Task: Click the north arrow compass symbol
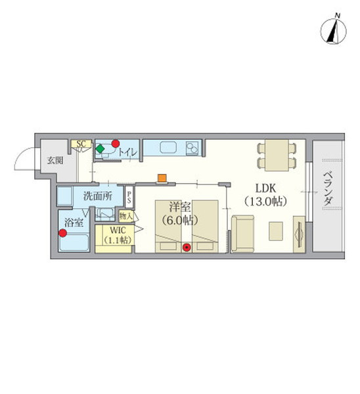tap(333, 31)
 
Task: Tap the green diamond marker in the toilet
tap(100, 148)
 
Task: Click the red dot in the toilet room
tap(116, 144)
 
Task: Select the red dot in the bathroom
tap(62, 233)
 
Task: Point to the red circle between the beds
tap(187, 248)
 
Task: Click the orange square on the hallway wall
tap(162, 178)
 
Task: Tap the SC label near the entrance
tap(81, 144)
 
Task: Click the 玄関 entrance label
tap(55, 160)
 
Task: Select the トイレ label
tap(127, 152)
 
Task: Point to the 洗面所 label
tap(98, 196)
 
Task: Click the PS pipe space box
tap(129, 197)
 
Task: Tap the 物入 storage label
tap(126, 216)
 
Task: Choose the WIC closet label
tap(118, 230)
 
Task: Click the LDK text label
tap(265, 188)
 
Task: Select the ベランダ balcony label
tap(328, 188)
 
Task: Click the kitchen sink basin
tap(168, 148)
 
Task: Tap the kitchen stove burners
tap(192, 148)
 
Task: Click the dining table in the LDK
tap(277, 155)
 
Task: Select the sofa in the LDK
tap(242, 233)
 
